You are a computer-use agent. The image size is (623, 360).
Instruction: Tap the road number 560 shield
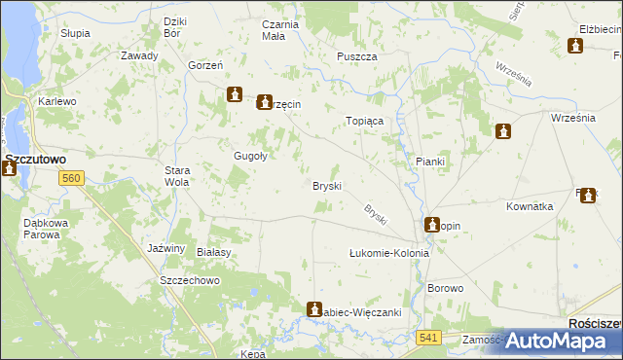70,179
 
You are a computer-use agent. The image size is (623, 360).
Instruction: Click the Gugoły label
250,156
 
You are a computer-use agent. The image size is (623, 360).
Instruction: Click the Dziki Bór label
176,28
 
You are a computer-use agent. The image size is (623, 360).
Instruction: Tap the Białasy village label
212,251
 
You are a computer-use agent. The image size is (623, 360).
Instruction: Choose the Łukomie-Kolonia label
389,253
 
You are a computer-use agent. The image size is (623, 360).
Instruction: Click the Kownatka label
530,207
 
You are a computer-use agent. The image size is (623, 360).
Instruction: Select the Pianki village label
429,162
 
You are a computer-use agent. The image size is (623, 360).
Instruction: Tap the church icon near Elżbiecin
575,45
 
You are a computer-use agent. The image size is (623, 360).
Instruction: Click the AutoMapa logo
558,341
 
